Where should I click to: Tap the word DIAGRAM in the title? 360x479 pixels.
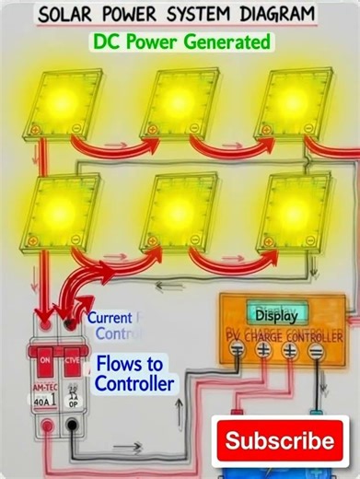pos(274,15)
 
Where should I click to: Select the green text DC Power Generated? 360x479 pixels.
pos(181,41)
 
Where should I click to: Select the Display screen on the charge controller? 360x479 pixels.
pos(276,315)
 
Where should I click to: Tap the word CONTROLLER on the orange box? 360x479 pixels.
pos(314,333)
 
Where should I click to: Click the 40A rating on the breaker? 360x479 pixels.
pos(41,402)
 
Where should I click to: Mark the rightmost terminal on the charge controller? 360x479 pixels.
pos(316,351)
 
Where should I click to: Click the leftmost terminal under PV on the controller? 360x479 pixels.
pos(238,351)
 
